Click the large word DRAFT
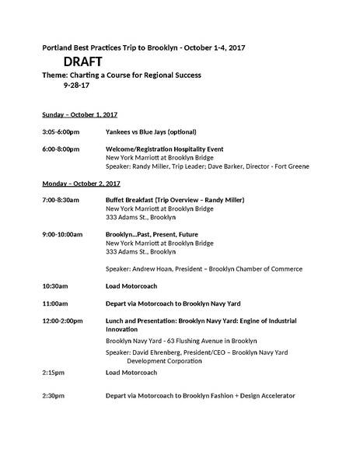[x=81, y=61]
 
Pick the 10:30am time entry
[x=55, y=286]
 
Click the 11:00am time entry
[x=55, y=303]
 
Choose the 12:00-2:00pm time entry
[x=65, y=320]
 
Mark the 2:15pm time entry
[x=54, y=373]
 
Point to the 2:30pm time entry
[x=54, y=396]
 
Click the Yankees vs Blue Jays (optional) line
[x=155, y=131]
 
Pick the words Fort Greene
[x=291, y=166]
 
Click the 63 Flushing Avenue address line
[x=180, y=341]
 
